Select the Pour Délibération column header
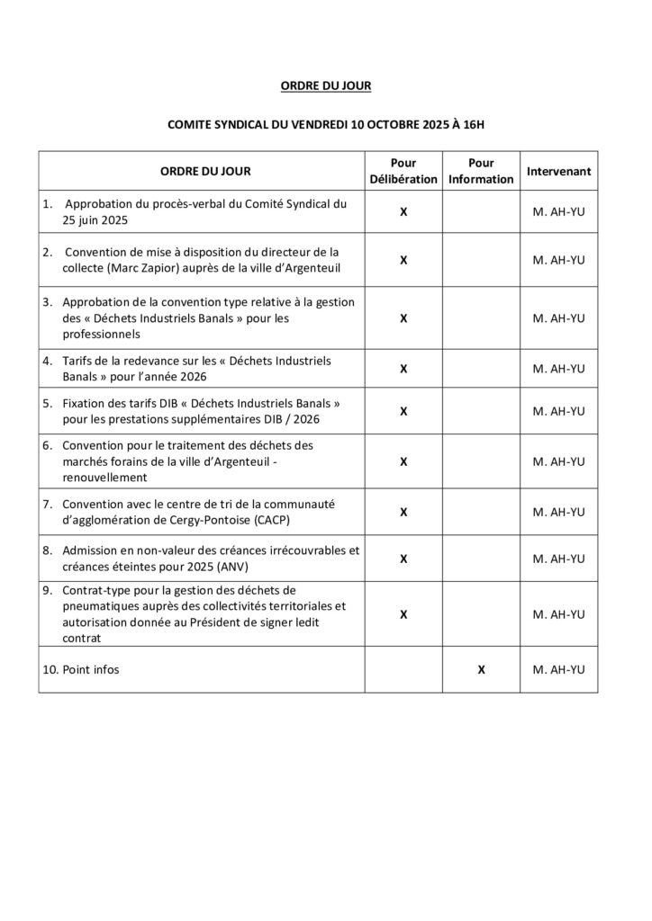click(x=403, y=171)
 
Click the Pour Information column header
click(x=482, y=171)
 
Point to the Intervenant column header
click(x=558, y=171)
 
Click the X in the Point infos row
click(x=482, y=670)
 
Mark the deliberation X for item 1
click(x=403, y=212)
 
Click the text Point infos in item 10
click(x=91, y=670)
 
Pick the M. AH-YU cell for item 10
click(x=558, y=670)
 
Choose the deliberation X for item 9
click(x=403, y=614)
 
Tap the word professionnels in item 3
click(x=101, y=334)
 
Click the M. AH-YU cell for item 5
click(x=558, y=411)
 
